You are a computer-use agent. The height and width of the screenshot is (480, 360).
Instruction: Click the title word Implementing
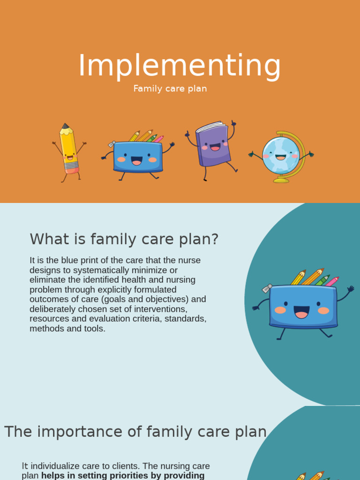click(180, 66)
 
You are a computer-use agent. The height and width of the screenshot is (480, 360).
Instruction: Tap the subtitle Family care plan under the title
click(170, 89)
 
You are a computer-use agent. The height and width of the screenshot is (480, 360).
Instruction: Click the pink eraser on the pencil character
click(72, 170)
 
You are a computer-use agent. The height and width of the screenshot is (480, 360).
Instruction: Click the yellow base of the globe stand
click(281, 180)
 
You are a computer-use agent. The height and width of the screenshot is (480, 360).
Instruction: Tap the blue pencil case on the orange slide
click(138, 156)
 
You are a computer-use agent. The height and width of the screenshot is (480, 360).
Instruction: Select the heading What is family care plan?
click(124, 239)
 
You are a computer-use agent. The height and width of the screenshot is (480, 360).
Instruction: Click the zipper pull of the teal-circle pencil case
click(267, 288)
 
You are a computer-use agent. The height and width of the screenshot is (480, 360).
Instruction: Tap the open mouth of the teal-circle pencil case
click(301, 312)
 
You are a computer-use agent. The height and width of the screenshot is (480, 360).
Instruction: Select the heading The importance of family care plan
click(135, 432)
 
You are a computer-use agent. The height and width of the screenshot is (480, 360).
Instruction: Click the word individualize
click(65, 466)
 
